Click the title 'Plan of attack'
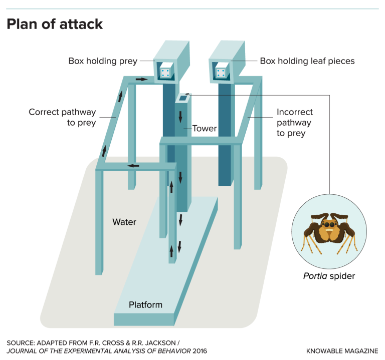[x=55, y=24]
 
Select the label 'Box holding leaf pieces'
[x=307, y=61]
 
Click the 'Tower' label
[x=205, y=128]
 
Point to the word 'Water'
[x=124, y=222]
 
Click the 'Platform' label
[x=145, y=304]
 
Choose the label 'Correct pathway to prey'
[x=62, y=117]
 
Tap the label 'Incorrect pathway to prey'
[x=294, y=123]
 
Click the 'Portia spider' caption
[x=329, y=276]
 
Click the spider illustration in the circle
[x=329, y=232]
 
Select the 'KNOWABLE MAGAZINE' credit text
[x=342, y=351]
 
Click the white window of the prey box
[x=165, y=73]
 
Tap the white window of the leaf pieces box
[x=220, y=73]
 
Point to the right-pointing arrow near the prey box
[x=141, y=79]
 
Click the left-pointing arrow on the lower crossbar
[x=133, y=166]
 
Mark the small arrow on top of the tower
[x=187, y=93]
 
